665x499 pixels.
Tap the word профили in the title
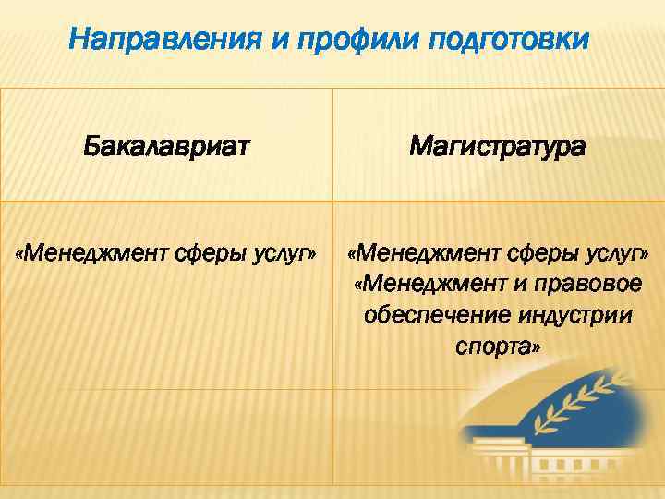[x=315, y=40]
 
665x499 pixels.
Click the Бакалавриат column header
[x=166, y=146]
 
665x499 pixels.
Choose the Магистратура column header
[x=497, y=146]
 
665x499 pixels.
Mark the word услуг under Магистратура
[x=613, y=251]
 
